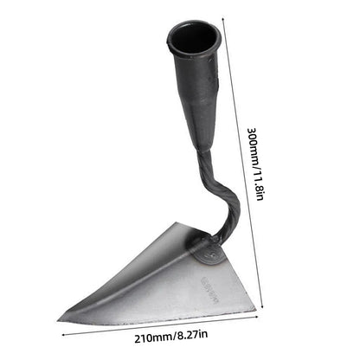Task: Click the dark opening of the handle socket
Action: pos(190,37)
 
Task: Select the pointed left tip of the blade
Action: pos(61,317)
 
